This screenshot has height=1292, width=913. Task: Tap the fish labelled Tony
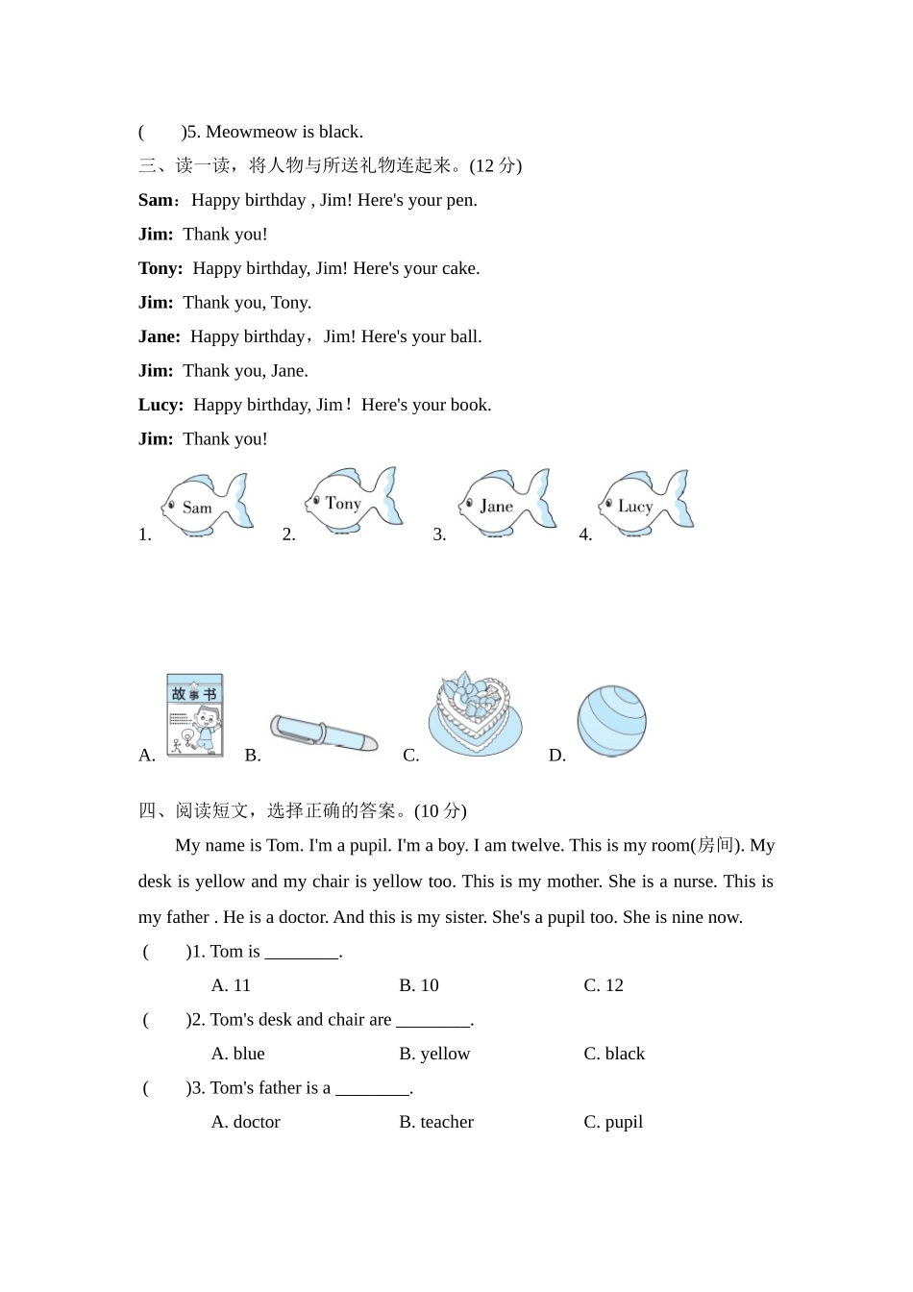coord(352,500)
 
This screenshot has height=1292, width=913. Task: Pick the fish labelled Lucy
coord(645,502)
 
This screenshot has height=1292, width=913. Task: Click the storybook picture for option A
coord(195,715)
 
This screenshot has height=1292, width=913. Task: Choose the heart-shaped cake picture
coord(475,714)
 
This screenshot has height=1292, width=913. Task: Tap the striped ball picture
coord(611,721)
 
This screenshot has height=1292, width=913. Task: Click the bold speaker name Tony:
coord(160,268)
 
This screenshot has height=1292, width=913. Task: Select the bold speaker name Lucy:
coord(160,405)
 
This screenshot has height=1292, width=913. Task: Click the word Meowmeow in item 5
coord(245,132)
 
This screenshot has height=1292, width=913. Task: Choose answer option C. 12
coord(604,985)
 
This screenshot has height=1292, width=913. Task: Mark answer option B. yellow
coord(434,1054)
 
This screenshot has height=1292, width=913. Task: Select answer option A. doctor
coord(245,1122)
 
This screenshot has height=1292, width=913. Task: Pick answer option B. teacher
coord(436,1122)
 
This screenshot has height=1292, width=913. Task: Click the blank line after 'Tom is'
coord(302,953)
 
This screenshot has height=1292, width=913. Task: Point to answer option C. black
coord(614,1054)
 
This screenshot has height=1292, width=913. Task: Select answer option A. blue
coord(237,1054)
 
